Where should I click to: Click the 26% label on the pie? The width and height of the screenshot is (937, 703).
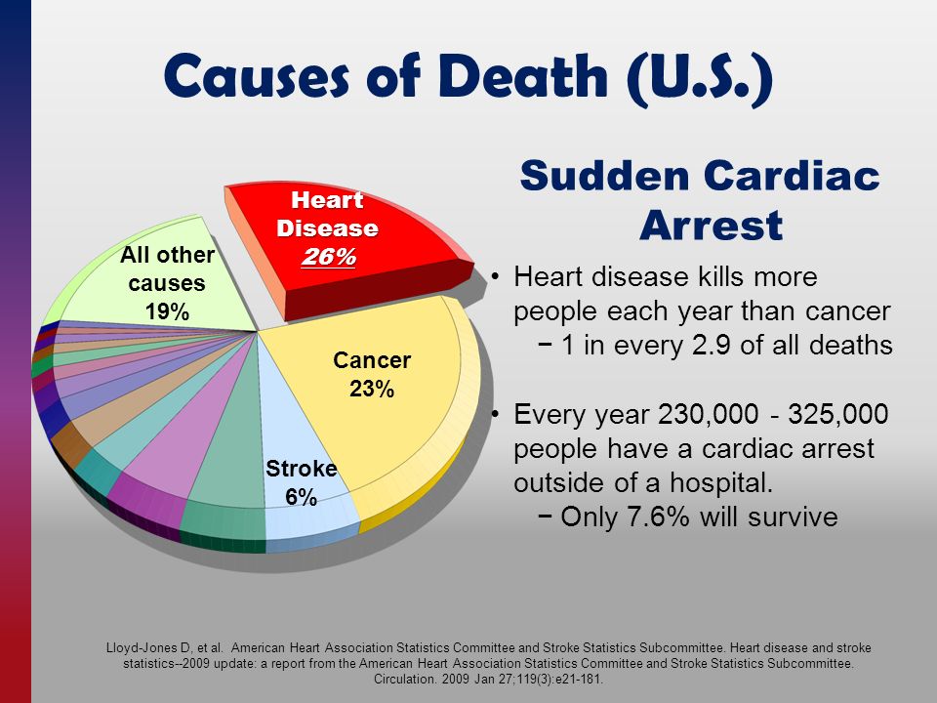click(328, 257)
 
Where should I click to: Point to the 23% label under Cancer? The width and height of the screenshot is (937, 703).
click(372, 390)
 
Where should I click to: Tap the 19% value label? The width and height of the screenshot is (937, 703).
click(167, 311)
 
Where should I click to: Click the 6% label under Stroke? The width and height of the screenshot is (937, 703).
click(301, 497)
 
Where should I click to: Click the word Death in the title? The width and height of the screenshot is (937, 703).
click(526, 76)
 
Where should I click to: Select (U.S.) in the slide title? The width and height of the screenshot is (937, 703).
click(701, 78)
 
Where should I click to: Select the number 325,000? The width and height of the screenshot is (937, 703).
click(837, 414)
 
